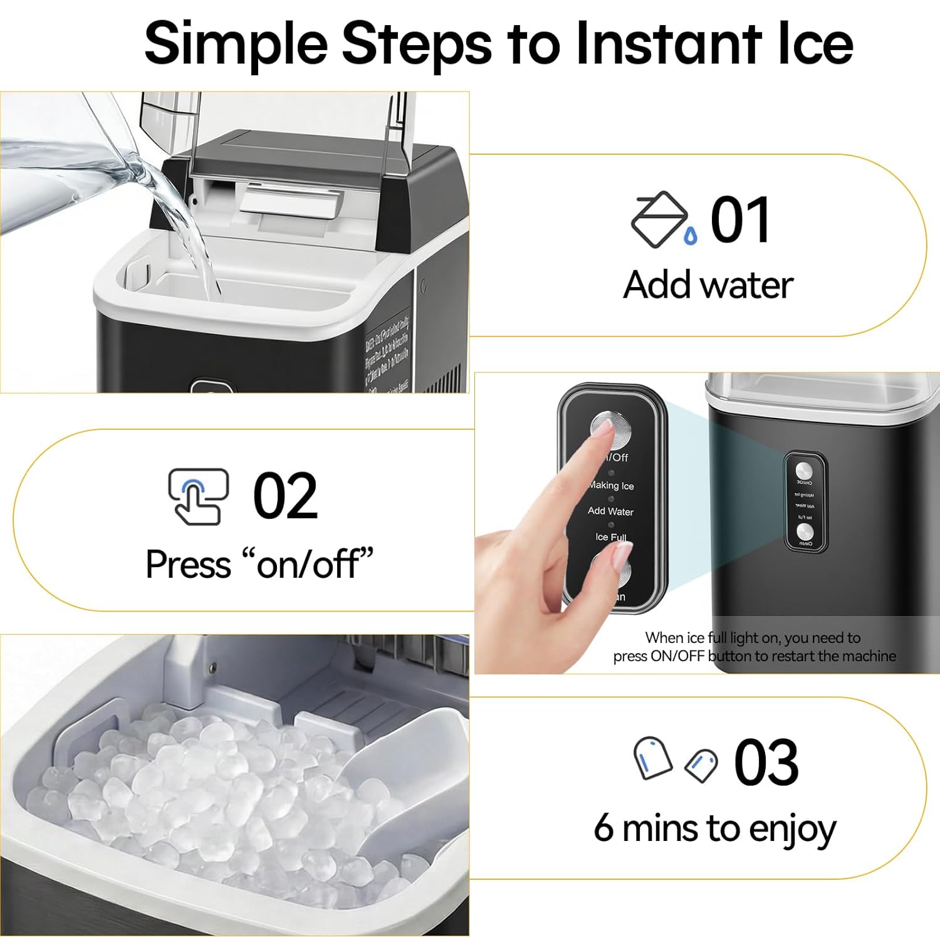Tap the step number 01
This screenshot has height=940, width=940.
[739, 220]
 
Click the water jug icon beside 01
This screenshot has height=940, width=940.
[661, 219]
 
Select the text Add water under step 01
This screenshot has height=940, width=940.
[708, 285]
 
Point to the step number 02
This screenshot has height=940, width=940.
[285, 496]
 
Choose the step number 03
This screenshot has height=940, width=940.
[766, 763]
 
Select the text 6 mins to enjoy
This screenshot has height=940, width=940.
[714, 828]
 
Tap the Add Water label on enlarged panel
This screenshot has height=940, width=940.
[610, 511]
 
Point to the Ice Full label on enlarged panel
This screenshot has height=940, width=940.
[611, 537]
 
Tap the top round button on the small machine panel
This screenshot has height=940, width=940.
[804, 471]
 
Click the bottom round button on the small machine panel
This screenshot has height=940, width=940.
[805, 531]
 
